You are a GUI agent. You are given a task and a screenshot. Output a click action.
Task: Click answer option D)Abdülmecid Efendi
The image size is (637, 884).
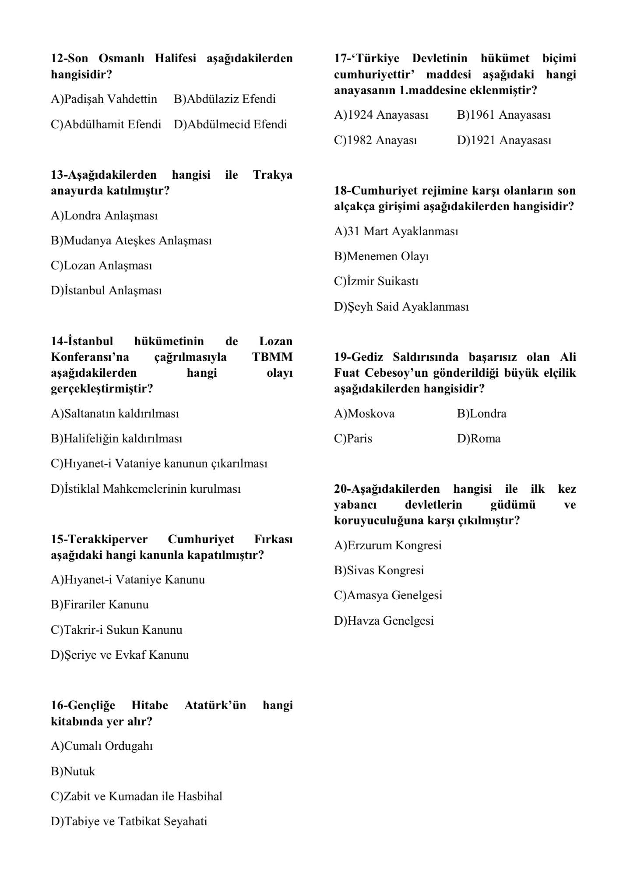(x=230, y=124)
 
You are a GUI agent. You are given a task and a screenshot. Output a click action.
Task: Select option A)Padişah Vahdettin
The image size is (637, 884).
(x=104, y=99)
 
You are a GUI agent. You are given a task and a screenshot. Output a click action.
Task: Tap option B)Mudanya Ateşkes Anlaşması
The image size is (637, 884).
(x=131, y=241)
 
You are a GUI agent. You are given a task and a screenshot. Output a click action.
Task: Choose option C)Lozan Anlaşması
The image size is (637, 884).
(x=102, y=266)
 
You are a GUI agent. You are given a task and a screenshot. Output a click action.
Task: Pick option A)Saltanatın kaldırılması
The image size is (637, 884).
(x=115, y=414)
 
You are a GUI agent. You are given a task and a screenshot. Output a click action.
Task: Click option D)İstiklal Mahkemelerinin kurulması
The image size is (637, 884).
(x=146, y=489)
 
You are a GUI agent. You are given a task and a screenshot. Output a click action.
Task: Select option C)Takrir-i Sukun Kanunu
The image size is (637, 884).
(x=116, y=630)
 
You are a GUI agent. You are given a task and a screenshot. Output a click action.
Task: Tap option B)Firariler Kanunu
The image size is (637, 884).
(x=100, y=605)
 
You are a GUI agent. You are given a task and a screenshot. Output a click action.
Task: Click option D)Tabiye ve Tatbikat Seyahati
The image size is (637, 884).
(x=129, y=821)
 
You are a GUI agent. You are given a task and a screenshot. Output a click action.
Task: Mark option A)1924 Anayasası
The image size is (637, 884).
(x=381, y=115)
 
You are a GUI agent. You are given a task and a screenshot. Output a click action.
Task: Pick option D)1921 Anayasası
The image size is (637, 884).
(x=504, y=141)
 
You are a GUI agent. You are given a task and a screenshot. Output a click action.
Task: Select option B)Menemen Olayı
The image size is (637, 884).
(x=381, y=256)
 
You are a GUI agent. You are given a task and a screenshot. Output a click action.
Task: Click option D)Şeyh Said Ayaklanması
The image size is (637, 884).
(x=401, y=307)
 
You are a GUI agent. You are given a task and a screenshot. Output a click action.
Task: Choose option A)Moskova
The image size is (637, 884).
(x=364, y=414)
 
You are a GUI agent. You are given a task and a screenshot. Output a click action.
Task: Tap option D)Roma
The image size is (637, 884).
(x=479, y=439)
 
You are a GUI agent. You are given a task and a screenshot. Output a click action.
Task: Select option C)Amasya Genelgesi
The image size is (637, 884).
(x=388, y=596)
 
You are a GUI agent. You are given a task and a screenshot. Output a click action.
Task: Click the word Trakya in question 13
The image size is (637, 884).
(x=273, y=175)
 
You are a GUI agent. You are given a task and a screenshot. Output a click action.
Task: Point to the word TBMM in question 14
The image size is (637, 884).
(x=272, y=357)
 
